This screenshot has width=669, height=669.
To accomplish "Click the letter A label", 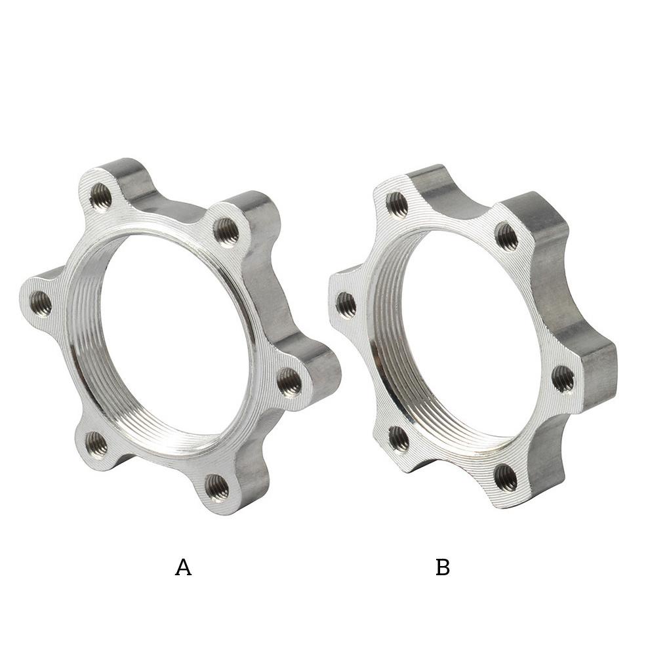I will click(x=183, y=567).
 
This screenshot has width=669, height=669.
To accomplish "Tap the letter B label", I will click(x=443, y=567).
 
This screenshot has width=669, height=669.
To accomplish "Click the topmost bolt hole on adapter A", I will click(x=100, y=195).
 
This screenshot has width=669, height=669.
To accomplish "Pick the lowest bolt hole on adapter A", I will click(x=216, y=487).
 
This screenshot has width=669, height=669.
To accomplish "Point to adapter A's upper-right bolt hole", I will click(x=226, y=230).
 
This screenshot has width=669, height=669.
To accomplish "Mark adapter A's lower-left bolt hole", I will click(x=96, y=444).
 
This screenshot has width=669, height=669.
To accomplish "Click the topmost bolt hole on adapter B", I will click(x=397, y=204).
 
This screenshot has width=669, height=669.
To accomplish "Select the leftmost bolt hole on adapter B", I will click(x=346, y=305).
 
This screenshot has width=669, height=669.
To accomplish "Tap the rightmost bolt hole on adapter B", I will click(x=563, y=378).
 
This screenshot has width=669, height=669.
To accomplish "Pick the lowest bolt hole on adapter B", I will click(x=505, y=477).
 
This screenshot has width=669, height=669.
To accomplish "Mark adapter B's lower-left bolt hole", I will click(x=398, y=439).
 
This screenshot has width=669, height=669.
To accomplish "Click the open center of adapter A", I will click(x=174, y=334).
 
